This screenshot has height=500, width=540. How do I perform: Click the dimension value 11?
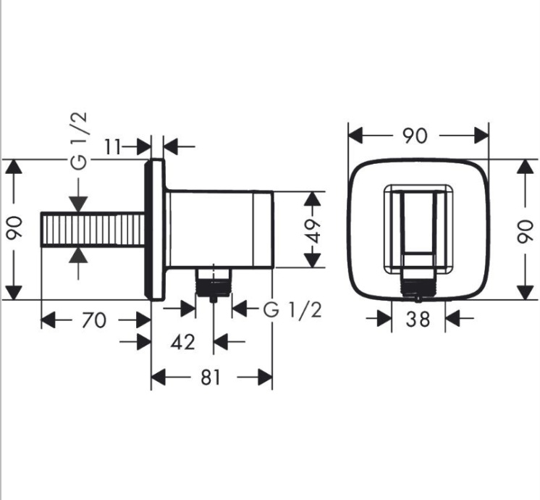click(114, 146)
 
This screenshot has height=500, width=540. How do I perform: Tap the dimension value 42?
click(183, 341)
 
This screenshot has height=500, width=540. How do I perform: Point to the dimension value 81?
click(211, 378)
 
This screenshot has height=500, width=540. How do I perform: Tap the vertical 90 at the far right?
click(525, 230)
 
